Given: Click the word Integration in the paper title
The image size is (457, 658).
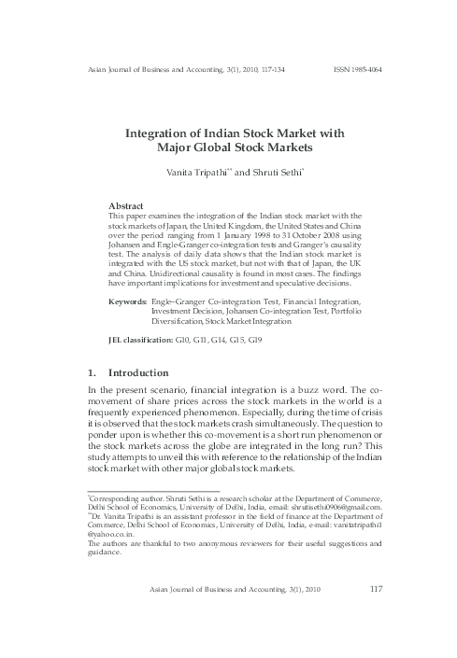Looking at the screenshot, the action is coord(163,133).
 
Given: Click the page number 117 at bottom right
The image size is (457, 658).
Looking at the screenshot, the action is coord(377,588).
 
